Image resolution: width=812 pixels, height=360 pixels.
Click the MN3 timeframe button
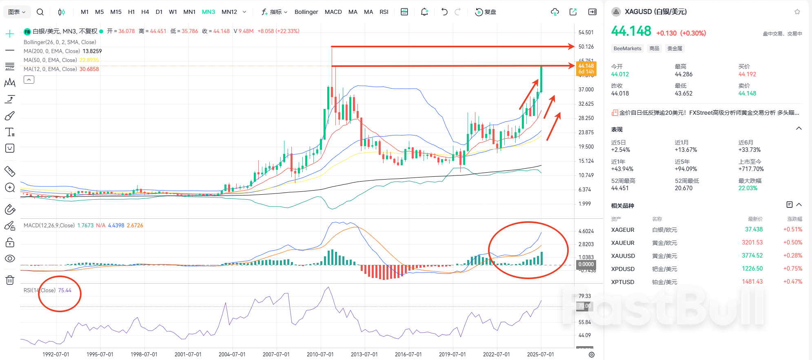pos(208,12)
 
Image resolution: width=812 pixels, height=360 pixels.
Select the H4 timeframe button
pos(145,12)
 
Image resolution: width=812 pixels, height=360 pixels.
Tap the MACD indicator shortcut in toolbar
pos(333,12)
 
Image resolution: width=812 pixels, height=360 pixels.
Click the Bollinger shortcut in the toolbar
pos(306,12)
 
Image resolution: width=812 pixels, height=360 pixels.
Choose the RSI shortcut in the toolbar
pos(384,12)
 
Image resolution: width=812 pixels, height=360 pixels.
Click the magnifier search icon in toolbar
pos(40,12)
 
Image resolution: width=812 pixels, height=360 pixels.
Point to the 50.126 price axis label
pos(586,47)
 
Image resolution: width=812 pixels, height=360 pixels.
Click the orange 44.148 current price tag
pos(586,68)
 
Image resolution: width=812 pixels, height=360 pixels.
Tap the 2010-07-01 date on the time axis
pos(320,354)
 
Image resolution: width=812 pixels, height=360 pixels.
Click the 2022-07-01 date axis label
pos(496,354)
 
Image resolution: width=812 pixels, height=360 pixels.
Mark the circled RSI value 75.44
pos(64,290)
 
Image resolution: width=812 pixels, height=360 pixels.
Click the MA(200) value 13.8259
pos(92,51)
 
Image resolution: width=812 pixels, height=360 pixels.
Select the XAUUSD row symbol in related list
pos(623,256)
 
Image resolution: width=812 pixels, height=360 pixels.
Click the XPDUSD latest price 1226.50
pos(752,269)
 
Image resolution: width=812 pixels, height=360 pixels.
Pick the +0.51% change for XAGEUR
pos(792,229)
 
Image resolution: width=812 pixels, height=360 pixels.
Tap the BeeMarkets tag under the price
pos(627,49)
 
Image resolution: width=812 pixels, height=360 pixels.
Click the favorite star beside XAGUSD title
pos(797,12)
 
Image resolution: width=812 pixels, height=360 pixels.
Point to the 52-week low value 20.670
pos(683,188)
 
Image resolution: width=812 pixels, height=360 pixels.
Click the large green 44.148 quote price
pos(631,31)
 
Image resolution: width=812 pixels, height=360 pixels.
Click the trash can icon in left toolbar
pos(10,280)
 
